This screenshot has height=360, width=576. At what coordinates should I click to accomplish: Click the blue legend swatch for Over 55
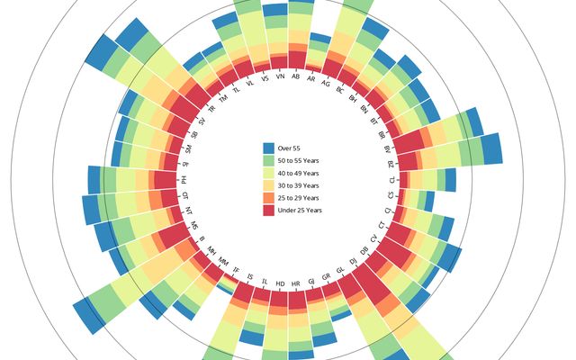coord(268,148)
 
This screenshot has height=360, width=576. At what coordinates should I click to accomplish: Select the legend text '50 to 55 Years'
coord(299,160)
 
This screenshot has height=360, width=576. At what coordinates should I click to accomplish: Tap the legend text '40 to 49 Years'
coord(299,173)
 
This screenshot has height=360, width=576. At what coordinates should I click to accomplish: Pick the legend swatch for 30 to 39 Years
coord(268,185)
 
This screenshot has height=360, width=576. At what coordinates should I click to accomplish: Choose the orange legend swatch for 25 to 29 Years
coord(268,198)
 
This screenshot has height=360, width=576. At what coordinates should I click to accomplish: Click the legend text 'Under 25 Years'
coord(300,210)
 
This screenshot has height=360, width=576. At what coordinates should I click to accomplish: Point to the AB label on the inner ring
coord(296,76)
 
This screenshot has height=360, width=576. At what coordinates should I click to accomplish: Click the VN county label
coord(280,77)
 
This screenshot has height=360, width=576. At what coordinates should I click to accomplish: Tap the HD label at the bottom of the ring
coord(280,283)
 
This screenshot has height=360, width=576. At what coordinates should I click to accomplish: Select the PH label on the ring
coord(184,180)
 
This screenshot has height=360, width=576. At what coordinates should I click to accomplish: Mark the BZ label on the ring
coord(391,166)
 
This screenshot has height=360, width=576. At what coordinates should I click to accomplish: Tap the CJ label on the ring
coord(388,210)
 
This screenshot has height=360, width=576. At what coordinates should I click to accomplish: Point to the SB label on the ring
coord(193,135)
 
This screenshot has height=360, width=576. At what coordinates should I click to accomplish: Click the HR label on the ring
coord(296,283)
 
